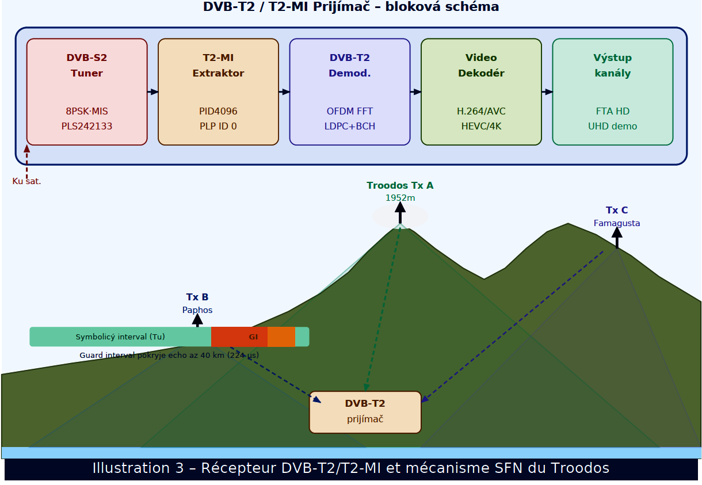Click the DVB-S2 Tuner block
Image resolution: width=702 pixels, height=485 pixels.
87,91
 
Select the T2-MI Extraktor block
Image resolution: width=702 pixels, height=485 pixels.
218,91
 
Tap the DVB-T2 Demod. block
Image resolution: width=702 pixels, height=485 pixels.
350,91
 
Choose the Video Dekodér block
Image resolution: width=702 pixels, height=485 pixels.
481,91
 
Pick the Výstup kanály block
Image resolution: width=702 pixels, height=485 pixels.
612,91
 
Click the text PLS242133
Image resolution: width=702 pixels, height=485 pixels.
87,127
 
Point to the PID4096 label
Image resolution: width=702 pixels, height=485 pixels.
218,112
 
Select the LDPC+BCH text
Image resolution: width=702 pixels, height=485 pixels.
350,127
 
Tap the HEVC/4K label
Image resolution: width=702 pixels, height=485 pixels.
481,127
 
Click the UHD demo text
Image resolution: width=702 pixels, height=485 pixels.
612,127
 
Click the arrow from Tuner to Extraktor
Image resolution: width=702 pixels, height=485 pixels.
152,92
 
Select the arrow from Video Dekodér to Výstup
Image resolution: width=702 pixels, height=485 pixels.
547,92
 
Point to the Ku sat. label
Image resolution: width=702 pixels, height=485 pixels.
26,182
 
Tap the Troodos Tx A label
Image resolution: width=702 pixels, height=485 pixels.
400,186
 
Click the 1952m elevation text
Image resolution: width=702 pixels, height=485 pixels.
400,198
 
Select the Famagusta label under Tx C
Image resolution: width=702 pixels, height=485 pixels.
617,223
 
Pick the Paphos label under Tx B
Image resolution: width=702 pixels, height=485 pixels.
197,310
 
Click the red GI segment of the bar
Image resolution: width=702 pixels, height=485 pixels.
239,337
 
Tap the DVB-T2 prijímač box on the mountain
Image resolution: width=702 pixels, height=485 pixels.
365,412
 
